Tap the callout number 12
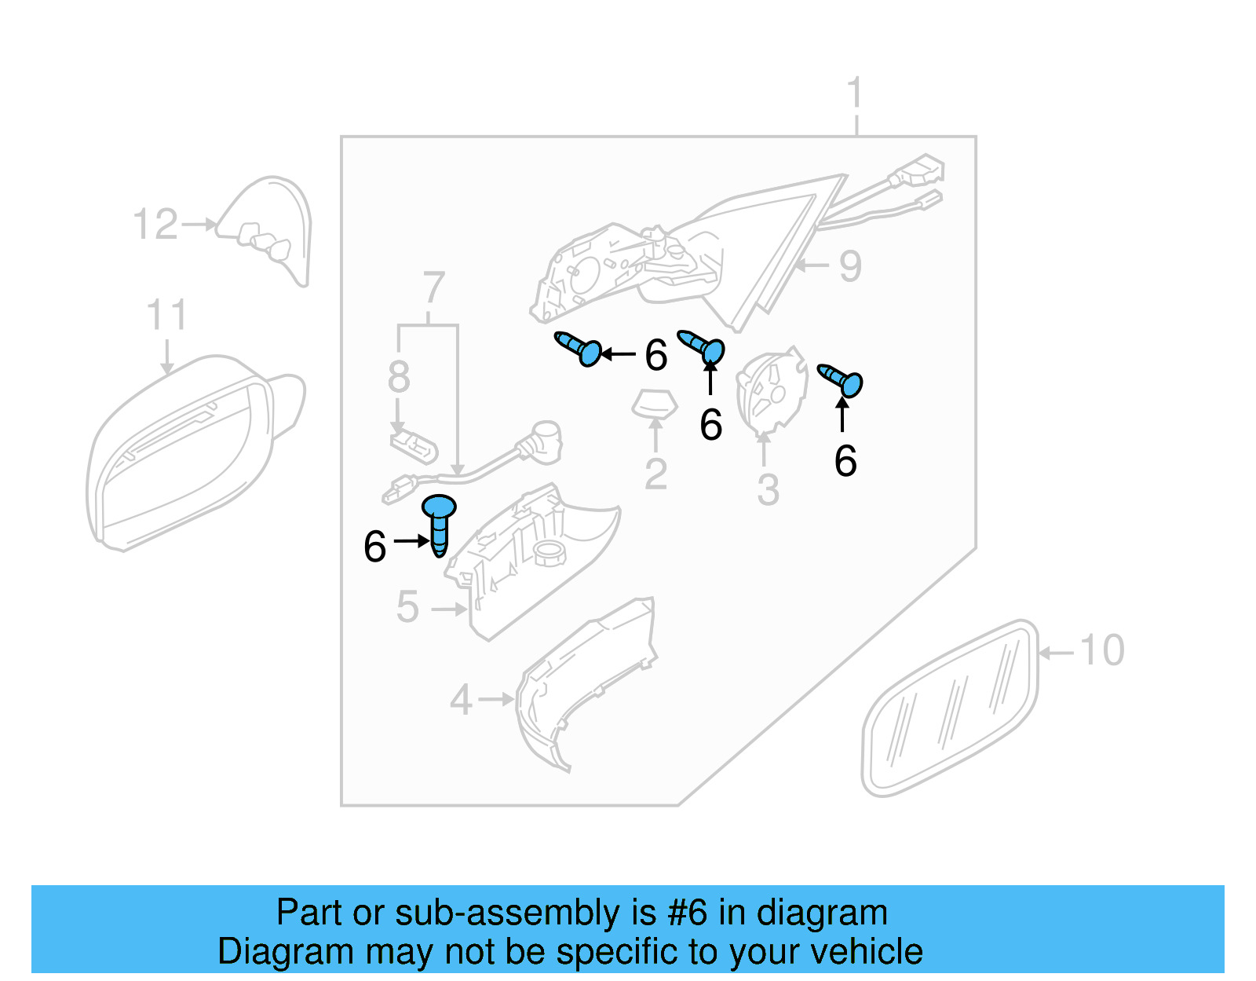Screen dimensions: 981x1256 155,225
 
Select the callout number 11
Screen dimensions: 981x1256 166,315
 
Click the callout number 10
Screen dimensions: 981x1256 1102,650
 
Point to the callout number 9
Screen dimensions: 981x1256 850,266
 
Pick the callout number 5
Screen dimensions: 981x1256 407,607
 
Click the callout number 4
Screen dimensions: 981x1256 461,700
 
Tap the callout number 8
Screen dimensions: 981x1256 399,377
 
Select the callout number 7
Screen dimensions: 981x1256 433,288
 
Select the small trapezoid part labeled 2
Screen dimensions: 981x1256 655,404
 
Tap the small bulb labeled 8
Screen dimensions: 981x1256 414,446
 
